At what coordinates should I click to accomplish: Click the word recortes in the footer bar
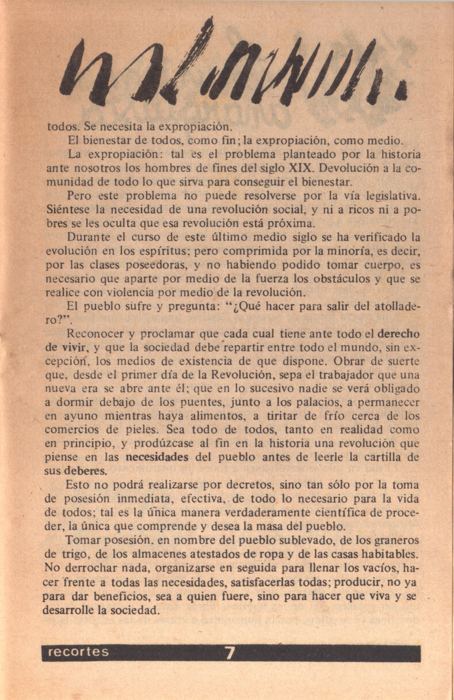coord(78,652)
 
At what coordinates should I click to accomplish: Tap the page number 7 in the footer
coord(230,653)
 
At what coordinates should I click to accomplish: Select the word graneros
coord(398,542)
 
